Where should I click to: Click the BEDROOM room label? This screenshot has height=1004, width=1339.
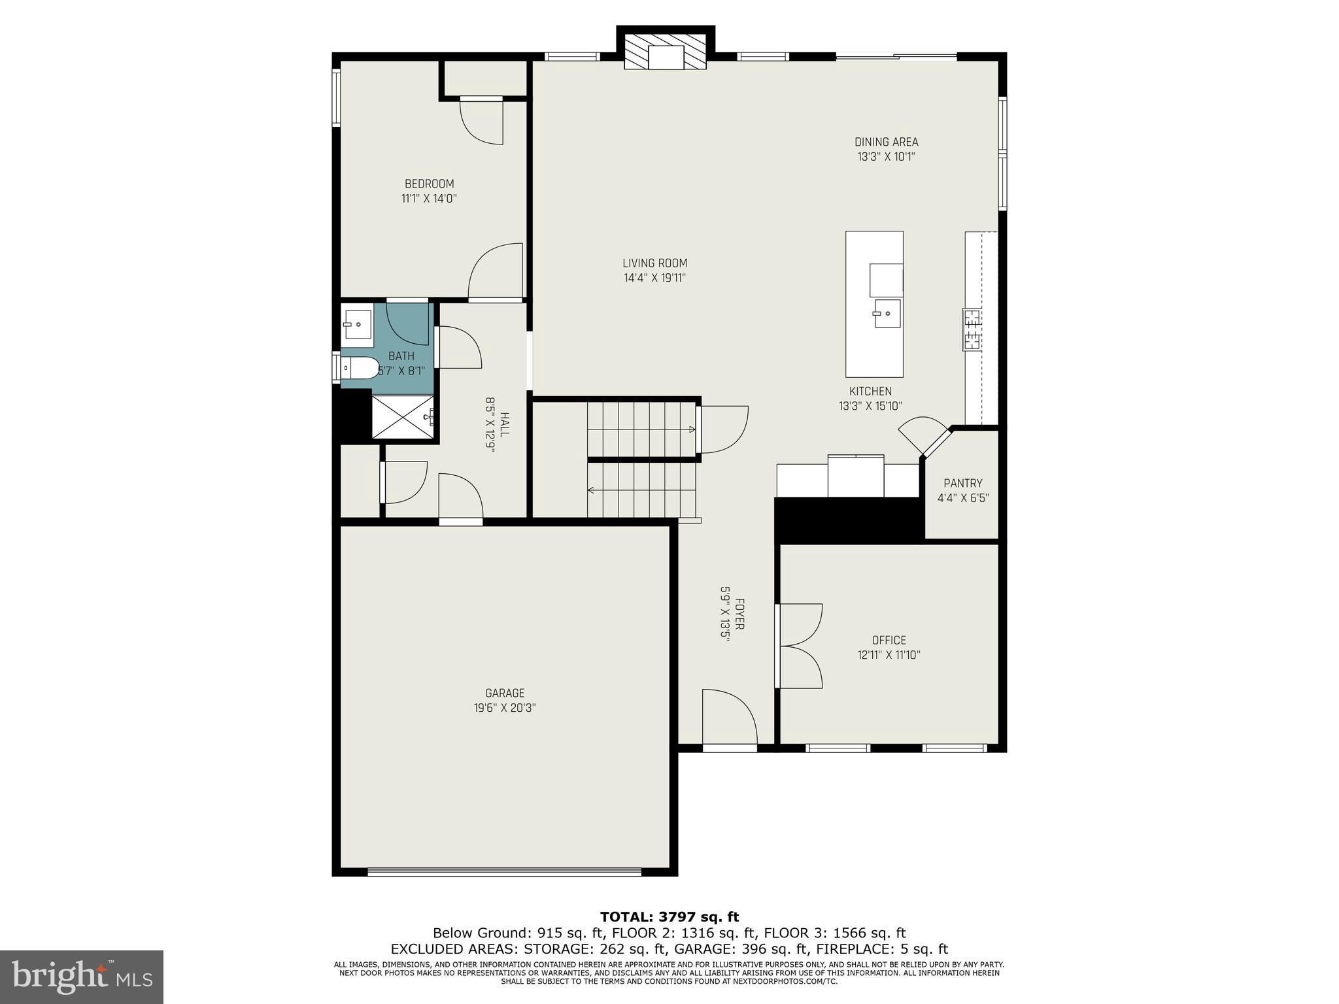(x=429, y=184)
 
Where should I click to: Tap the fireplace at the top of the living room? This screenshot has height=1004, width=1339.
(x=666, y=52)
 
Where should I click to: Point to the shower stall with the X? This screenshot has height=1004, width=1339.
(x=403, y=416)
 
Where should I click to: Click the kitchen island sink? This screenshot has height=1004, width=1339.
(x=887, y=314)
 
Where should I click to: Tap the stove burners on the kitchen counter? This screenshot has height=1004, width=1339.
(x=972, y=329)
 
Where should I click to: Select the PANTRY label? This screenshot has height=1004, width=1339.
(x=962, y=483)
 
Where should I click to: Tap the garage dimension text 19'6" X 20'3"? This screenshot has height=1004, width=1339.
(x=505, y=707)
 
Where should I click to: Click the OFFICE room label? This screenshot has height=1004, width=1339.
(x=889, y=640)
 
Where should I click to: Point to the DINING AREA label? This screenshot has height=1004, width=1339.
(x=886, y=142)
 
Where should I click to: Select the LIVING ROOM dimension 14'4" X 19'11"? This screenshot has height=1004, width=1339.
(x=654, y=278)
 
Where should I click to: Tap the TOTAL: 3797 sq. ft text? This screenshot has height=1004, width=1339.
(x=669, y=917)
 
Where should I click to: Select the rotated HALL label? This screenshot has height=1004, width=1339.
(x=504, y=425)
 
